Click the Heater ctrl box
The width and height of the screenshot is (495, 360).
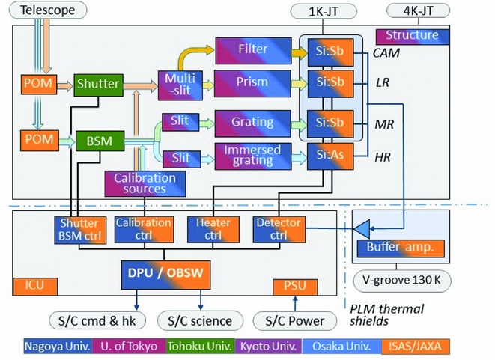click(207, 231)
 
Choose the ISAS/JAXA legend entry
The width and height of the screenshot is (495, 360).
click(452, 347)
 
